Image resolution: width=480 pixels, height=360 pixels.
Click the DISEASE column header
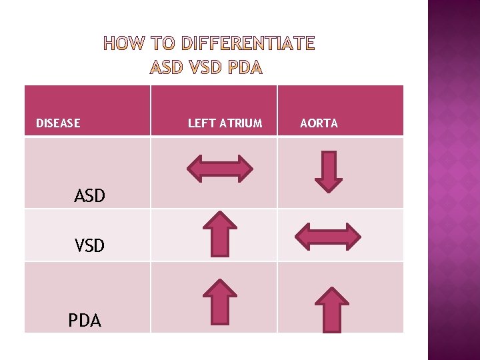point(58,123)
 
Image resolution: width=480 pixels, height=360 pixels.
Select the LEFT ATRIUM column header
point(225,123)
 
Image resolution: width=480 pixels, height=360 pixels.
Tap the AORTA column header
point(319,123)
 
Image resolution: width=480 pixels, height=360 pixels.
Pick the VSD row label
point(89,246)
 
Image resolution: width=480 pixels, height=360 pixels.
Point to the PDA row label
point(85,321)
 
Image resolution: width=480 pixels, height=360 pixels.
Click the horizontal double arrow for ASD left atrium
point(219,168)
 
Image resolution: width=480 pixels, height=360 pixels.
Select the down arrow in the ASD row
point(328,171)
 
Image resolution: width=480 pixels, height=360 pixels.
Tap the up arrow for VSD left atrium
point(219,233)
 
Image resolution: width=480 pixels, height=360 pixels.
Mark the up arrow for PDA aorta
point(331,309)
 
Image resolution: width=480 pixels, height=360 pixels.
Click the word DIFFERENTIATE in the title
point(249,45)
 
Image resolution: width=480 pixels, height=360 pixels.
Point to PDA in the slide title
point(245,67)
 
